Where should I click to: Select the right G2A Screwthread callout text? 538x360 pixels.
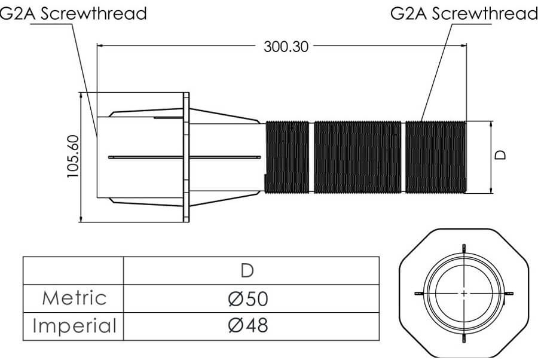click(464, 13)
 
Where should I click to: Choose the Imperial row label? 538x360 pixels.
click(75, 326)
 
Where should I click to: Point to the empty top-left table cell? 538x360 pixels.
click(73, 270)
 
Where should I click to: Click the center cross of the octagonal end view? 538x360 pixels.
click(464, 293)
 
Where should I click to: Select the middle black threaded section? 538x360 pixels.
click(357, 157)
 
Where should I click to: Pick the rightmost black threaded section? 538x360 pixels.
click(435, 157)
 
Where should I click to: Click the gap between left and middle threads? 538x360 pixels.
click(311, 157)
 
